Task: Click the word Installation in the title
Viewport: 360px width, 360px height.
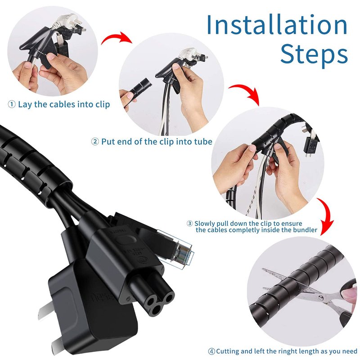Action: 277,25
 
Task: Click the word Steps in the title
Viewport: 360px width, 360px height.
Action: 314,54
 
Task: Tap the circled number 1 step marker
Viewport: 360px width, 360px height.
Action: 12,104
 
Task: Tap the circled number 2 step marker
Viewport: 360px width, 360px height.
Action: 95,142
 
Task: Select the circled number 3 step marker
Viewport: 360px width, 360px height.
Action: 189,223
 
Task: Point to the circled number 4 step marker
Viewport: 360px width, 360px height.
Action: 211,351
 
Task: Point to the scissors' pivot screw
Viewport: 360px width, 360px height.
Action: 321,298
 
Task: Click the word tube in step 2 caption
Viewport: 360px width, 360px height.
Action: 203,142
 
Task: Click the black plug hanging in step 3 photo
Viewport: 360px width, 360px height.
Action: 311,145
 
